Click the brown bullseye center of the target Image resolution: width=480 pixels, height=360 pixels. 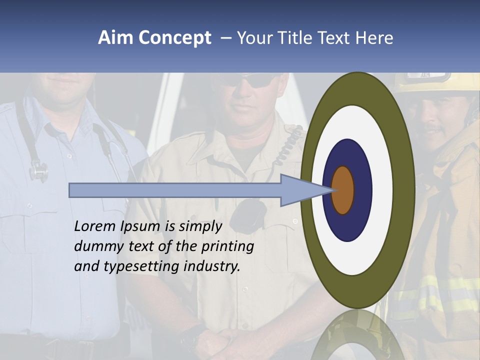343,190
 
